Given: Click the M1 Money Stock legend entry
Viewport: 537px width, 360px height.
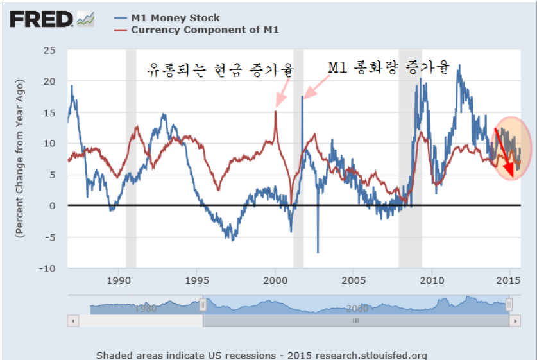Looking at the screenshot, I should coord(175,18).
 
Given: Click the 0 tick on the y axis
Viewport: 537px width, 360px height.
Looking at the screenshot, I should coord(55,206).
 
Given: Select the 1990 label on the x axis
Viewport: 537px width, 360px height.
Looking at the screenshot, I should coord(118,280).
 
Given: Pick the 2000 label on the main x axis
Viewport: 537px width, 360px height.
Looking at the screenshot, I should coord(275,280).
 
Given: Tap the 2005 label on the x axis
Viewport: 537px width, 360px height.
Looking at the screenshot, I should coord(354,280).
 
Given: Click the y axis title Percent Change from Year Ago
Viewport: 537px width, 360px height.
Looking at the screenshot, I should coord(19,159).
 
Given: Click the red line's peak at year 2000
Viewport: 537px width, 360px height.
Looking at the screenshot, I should coord(276,112).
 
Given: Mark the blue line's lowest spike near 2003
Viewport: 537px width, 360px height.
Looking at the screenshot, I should coord(318,252).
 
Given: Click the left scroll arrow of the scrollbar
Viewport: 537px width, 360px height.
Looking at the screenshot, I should coord(74,320).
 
